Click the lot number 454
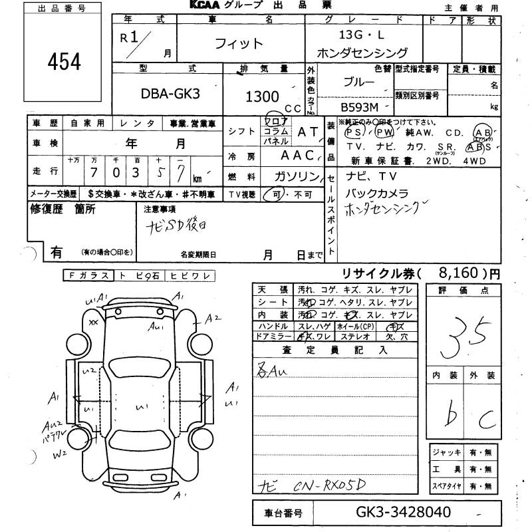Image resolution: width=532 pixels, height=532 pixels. pos(65,61)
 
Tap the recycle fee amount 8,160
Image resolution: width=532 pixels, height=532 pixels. pos(459,273)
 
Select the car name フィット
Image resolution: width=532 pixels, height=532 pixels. pos(239,45)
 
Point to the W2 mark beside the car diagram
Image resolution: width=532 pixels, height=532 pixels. pos(61,455)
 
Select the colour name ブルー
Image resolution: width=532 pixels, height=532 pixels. pos(358,84)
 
